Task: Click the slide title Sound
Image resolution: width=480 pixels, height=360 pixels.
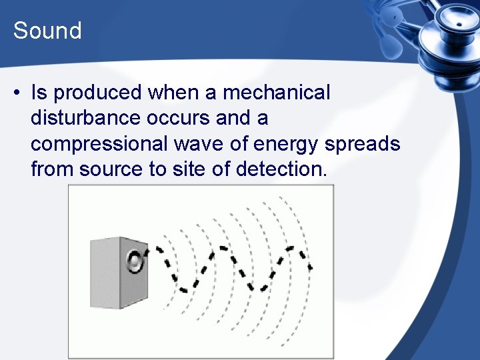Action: (x=47, y=31)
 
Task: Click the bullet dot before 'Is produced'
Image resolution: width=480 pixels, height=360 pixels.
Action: (x=16, y=93)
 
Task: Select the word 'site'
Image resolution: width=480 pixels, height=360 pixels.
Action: (x=187, y=169)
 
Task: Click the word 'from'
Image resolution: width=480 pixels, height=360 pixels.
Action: (x=52, y=169)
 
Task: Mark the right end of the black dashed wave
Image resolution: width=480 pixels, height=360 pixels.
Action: (x=310, y=267)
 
